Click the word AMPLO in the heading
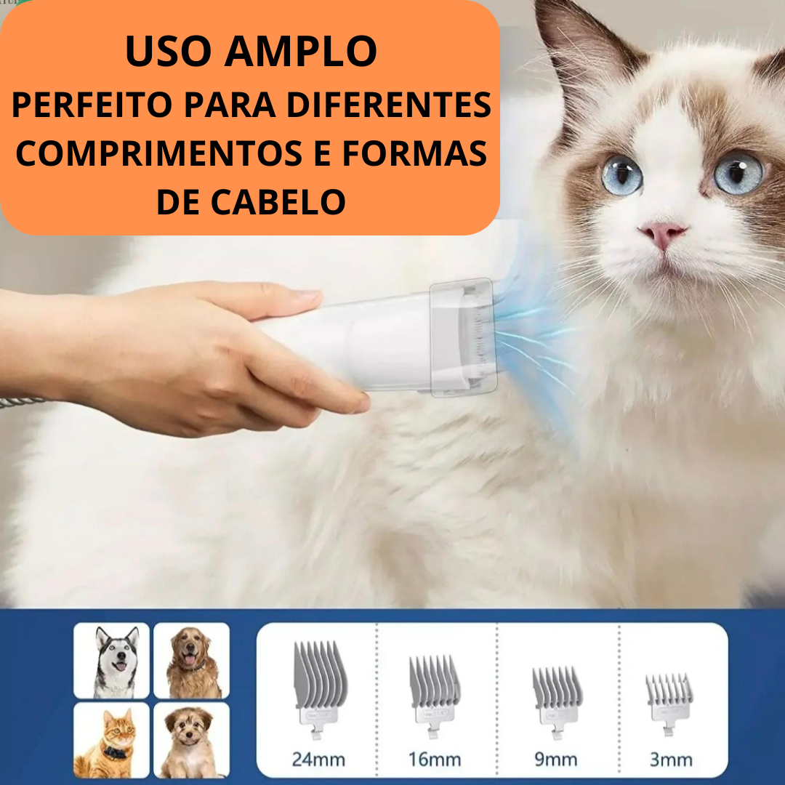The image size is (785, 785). [300, 51]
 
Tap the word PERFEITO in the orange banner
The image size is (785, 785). [92, 105]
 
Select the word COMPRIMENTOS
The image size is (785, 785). [159, 153]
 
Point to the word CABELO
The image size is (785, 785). [278, 202]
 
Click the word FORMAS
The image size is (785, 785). [414, 153]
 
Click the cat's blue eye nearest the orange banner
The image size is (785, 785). [621, 175]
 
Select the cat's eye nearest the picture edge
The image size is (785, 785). [738, 173]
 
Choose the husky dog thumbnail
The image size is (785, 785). [112, 660]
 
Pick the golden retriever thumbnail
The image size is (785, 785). [191, 660]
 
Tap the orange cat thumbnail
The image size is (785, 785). [112, 740]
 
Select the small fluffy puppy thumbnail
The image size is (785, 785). [191, 740]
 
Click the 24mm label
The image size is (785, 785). [318, 760]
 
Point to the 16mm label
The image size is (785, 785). [435, 760]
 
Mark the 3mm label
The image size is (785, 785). [671, 760]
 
